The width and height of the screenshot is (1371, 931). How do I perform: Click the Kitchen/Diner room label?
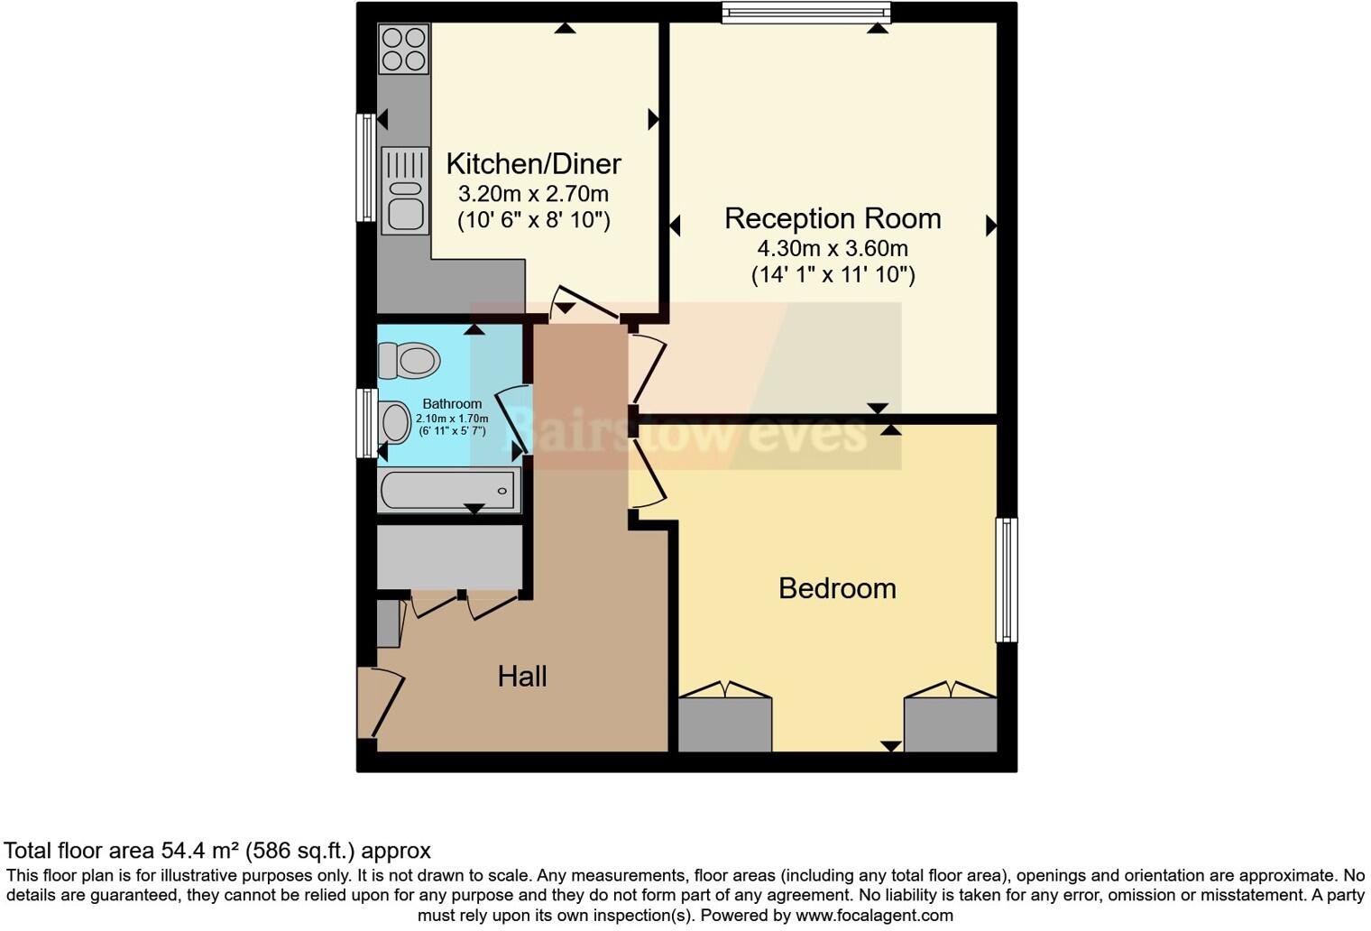[x=533, y=164]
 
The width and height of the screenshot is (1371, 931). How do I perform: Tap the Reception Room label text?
[x=832, y=218]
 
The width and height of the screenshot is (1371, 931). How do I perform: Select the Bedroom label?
[x=837, y=588]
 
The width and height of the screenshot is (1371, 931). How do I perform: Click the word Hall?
[x=522, y=676]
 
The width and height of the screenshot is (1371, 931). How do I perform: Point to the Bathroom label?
[x=452, y=403]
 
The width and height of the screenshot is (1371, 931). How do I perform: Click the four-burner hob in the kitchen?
[x=403, y=49]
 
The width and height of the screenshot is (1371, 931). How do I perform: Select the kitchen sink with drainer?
[x=404, y=190]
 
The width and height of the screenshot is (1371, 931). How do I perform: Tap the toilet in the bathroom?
[x=409, y=360]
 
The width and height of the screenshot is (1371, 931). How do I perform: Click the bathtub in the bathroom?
[x=449, y=490]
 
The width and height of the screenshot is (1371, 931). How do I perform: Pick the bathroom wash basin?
[x=393, y=421]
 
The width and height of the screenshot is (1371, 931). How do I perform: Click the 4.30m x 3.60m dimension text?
[x=832, y=248]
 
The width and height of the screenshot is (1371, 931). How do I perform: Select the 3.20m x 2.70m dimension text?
[x=533, y=194]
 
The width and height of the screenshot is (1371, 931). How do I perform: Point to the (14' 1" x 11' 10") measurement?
[x=833, y=275]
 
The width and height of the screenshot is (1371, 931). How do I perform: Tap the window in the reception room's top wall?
[x=805, y=12]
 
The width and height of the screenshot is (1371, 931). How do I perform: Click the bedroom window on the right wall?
[x=1007, y=579]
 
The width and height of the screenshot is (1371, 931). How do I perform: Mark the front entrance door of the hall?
[x=379, y=704]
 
